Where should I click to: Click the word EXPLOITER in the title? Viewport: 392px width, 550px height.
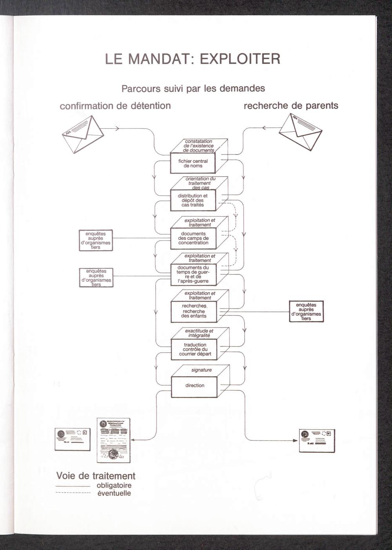(x=240, y=59)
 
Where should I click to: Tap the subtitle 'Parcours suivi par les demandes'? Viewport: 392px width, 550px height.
(x=193, y=89)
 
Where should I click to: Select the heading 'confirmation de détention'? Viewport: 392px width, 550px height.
(x=115, y=106)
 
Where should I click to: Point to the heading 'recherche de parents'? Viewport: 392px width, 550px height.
(x=291, y=106)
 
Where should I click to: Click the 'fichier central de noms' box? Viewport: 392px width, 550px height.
(x=193, y=163)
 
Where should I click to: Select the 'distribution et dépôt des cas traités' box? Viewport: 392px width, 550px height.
(x=193, y=200)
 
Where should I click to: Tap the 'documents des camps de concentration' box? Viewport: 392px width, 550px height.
(x=193, y=238)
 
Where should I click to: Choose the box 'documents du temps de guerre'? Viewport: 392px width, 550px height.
(x=193, y=274)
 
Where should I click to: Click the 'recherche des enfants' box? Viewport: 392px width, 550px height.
(x=194, y=311)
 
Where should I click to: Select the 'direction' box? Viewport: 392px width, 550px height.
(x=195, y=386)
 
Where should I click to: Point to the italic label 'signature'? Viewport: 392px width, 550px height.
(x=201, y=370)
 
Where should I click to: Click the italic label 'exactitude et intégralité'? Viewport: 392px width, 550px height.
(x=199, y=333)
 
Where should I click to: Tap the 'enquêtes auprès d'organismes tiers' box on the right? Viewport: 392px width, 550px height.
(x=306, y=311)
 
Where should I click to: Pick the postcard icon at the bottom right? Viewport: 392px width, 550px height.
(x=317, y=440)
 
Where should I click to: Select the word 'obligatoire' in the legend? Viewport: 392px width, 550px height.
(x=114, y=486)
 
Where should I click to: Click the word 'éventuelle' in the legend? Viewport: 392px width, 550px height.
(x=114, y=494)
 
